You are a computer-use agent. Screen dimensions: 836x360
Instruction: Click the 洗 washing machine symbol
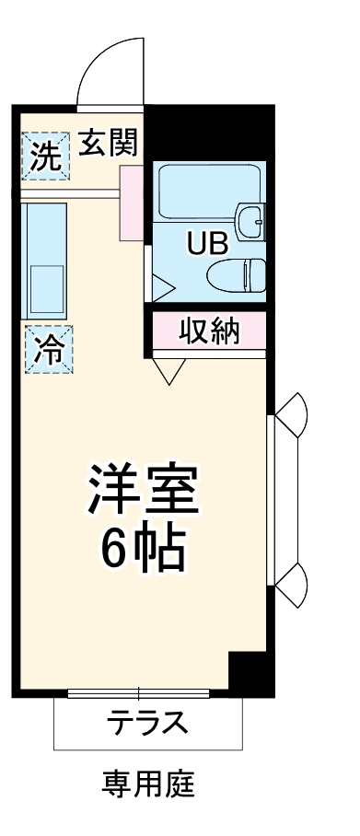point(45,154)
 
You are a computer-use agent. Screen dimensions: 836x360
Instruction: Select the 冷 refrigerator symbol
point(46,349)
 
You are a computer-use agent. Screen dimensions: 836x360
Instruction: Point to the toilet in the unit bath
point(238,273)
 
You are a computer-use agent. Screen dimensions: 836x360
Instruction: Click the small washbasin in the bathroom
point(250,223)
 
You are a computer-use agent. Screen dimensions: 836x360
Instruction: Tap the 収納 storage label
point(210,331)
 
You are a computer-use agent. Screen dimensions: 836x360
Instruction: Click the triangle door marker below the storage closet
point(169,370)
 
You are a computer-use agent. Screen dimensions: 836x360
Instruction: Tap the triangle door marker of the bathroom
point(161,288)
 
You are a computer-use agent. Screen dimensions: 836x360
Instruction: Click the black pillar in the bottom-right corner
point(250,673)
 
